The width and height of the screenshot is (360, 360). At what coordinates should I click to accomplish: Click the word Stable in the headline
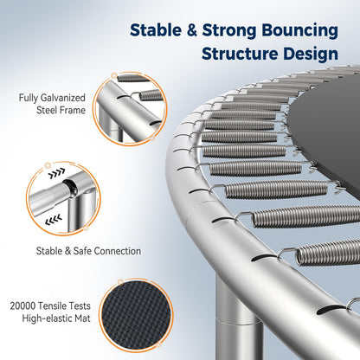156,30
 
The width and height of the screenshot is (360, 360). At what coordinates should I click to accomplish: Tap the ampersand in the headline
192,30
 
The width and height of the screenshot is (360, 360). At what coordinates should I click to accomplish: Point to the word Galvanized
63,98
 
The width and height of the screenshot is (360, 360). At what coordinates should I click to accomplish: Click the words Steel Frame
61,110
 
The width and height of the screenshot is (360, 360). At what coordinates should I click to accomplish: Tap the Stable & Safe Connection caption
88,251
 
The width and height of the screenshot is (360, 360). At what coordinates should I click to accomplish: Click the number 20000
22,305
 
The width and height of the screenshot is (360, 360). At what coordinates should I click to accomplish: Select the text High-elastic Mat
56,318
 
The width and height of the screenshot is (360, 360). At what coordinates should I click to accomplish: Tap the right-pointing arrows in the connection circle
56,173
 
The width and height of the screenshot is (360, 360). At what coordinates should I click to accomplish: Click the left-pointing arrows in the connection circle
54,220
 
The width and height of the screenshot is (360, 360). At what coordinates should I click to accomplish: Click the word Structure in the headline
241,54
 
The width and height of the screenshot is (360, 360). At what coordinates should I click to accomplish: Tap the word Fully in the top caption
29,98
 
